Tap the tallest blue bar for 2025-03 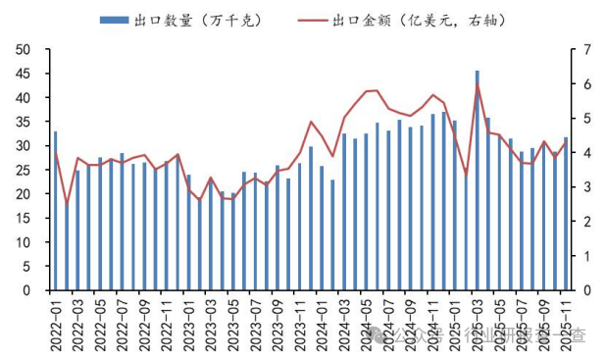coord(478,181)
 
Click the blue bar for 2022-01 coord(55,211)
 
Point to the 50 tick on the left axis coord(25,49)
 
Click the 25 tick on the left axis coord(25,170)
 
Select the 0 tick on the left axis coord(29,290)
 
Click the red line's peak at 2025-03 coord(478,84)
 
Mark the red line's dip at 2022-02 coord(66,205)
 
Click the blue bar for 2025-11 coord(566,214)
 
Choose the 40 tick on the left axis coord(25,97)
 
